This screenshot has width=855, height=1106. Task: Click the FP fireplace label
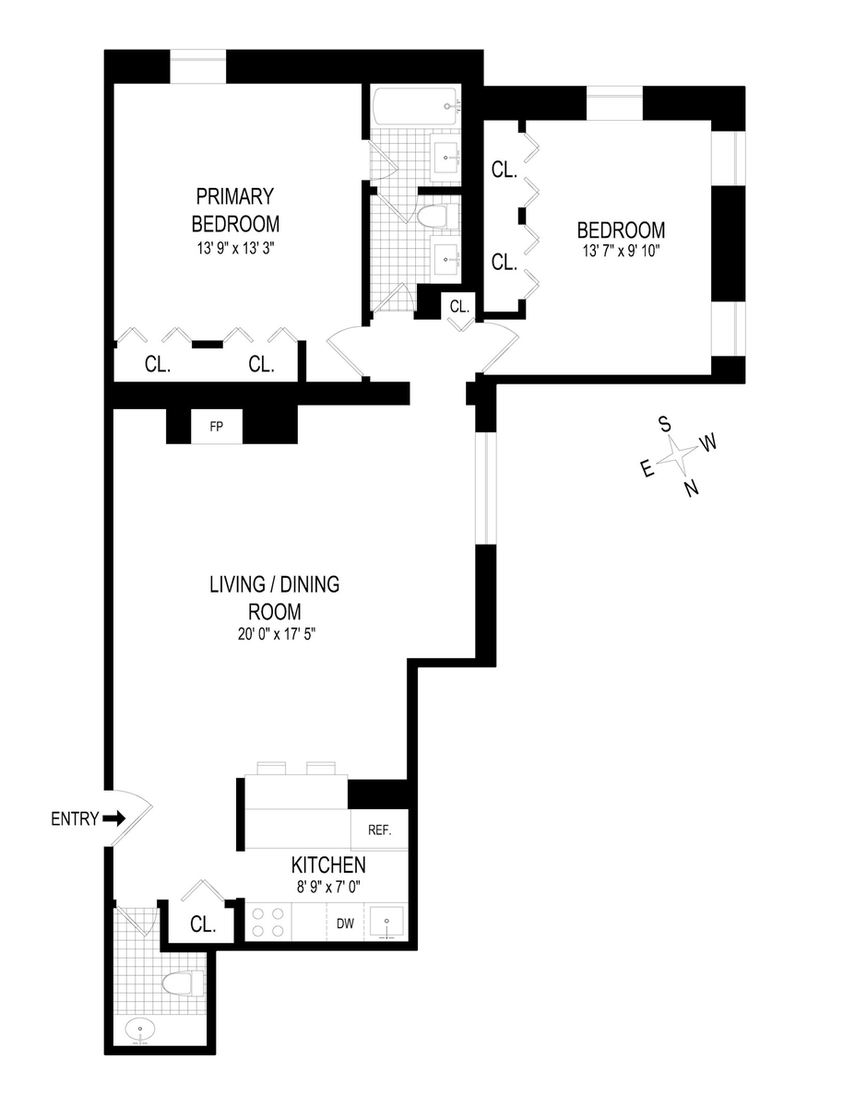coord(217,426)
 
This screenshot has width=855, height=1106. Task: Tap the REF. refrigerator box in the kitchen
coord(379,830)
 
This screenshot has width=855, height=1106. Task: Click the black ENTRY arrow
coord(113,819)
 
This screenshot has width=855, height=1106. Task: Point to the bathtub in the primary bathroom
coord(415,106)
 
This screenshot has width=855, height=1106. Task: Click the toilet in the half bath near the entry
coord(184,983)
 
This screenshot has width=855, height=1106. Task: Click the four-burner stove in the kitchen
coord(267,922)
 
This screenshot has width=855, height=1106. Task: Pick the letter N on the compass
coord(691,488)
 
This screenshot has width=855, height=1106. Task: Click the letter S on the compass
coord(665,423)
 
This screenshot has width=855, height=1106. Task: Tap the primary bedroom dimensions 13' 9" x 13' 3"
coord(235,249)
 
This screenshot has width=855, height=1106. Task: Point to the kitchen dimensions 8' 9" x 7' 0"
coord(328,888)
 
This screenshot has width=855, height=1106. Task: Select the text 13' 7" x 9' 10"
coord(622,251)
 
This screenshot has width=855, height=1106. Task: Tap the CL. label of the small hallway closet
coord(458,306)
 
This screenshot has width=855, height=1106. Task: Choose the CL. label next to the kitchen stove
coord(203,924)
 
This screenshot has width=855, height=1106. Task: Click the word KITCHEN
coord(328,865)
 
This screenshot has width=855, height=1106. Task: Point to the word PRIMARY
coord(235,196)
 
